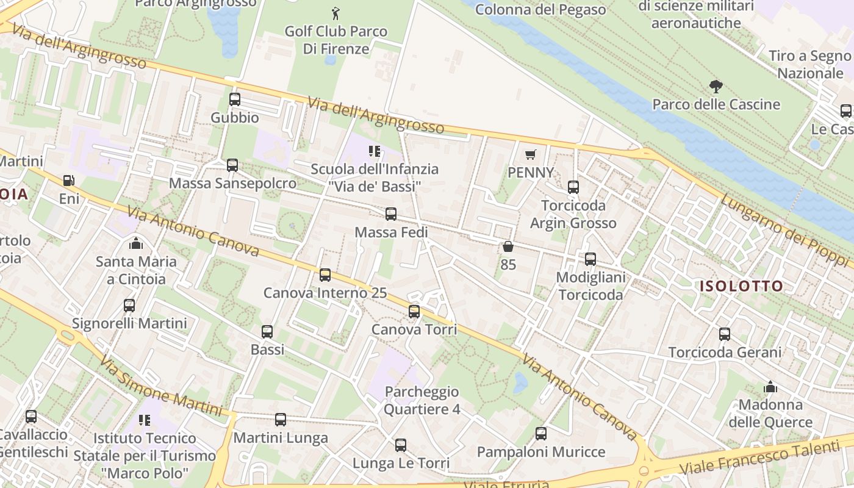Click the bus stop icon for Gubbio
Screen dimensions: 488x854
click(234, 99)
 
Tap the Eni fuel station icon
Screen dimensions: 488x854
click(69, 181)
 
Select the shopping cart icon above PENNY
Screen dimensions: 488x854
click(530, 155)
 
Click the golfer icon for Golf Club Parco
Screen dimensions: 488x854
click(335, 13)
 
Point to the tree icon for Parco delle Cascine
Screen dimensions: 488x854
click(716, 87)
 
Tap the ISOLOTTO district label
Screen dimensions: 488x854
click(741, 286)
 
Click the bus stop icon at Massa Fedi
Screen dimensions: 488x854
click(391, 214)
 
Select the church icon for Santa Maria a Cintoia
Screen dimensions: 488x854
click(135, 243)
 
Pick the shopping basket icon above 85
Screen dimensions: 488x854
click(508, 246)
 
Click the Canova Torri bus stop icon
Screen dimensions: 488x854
click(414, 312)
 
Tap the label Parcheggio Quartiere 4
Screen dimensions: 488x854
click(422, 400)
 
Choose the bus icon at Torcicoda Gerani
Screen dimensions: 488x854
click(724, 334)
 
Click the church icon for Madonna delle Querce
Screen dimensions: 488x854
click(770, 387)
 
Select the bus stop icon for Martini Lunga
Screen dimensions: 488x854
click(280, 419)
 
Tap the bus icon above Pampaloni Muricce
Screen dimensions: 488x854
click(540, 434)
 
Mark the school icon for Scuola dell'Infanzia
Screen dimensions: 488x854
click(375, 151)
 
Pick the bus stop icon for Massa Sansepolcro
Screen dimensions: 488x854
click(232, 165)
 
